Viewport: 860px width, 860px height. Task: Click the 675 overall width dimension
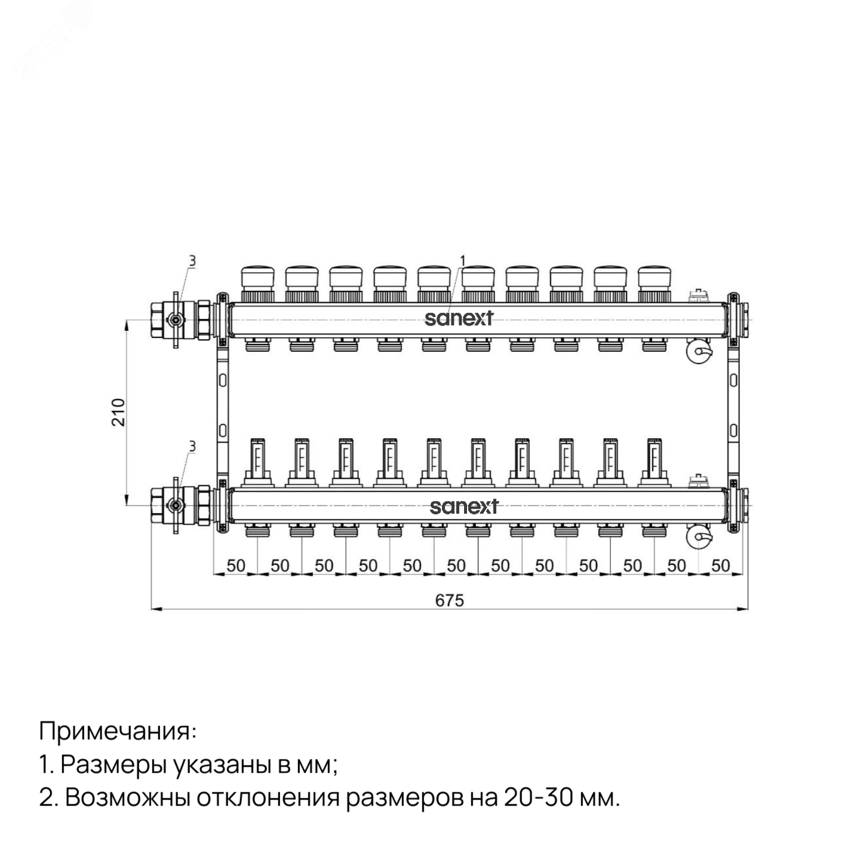pyautogui.click(x=449, y=600)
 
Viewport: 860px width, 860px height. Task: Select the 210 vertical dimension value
pyautogui.click(x=119, y=411)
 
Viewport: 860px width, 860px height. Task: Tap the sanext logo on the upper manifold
pyautogui.click(x=459, y=318)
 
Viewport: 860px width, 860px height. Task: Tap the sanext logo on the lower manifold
pyautogui.click(x=463, y=506)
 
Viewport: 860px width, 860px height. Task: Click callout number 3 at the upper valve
pyautogui.click(x=192, y=260)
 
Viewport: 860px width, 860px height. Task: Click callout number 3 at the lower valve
pyautogui.click(x=192, y=446)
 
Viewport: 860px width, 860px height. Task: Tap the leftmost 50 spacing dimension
pyautogui.click(x=236, y=566)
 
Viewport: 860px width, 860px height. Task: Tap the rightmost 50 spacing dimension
pyautogui.click(x=721, y=566)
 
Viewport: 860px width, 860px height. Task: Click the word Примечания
pyautogui.click(x=118, y=730)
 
